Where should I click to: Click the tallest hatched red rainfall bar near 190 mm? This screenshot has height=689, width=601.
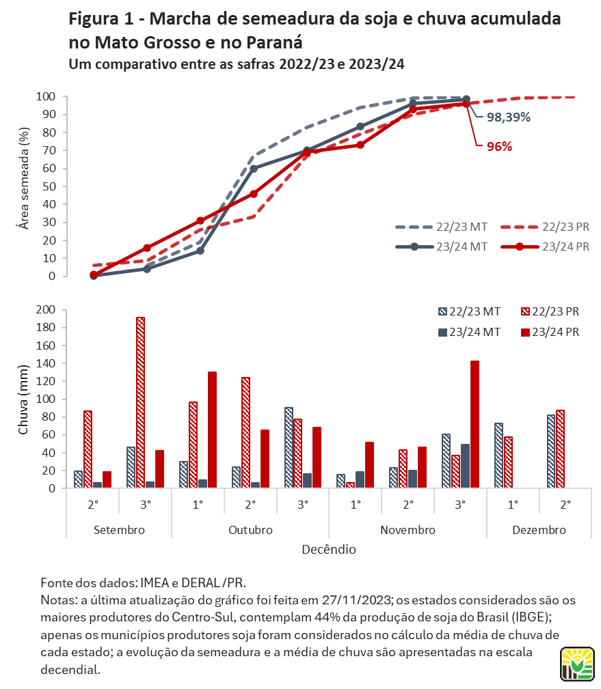(x=140, y=402)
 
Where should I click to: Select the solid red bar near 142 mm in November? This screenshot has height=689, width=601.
(x=475, y=424)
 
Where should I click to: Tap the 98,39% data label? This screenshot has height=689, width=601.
(x=509, y=117)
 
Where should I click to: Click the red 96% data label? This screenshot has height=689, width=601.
(x=499, y=147)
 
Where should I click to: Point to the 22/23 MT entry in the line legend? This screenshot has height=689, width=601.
(x=441, y=227)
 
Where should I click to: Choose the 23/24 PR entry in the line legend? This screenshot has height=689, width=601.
(x=545, y=247)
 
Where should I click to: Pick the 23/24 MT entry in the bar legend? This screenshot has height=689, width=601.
(x=470, y=332)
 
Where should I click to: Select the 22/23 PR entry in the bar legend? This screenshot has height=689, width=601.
(x=550, y=311)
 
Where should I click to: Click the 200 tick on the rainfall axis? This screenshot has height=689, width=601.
(x=46, y=310)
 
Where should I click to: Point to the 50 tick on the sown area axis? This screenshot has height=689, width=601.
(x=49, y=186)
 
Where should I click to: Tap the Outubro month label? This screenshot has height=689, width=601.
(x=250, y=530)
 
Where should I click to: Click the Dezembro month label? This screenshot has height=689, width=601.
(x=539, y=530)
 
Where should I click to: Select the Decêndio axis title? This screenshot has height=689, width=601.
(x=329, y=549)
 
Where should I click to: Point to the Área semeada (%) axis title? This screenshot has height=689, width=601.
(x=24, y=178)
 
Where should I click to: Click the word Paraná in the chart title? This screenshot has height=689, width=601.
(x=274, y=42)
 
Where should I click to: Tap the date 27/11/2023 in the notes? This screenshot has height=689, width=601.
(x=356, y=600)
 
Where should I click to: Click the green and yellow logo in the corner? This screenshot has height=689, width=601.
(x=577, y=664)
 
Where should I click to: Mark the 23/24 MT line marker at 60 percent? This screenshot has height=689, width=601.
(x=254, y=168)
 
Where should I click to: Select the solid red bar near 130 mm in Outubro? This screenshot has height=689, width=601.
(x=212, y=430)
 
